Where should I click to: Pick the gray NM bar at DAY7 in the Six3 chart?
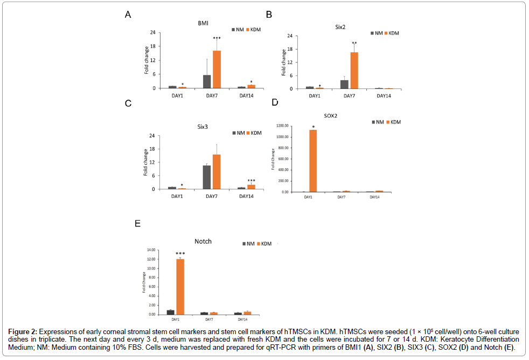point(206,177)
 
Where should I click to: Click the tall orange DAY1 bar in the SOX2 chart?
point(313,161)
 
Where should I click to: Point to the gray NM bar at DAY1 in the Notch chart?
point(171,312)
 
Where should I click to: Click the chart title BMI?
point(203,23)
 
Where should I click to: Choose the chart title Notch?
point(203,241)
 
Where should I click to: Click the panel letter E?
point(137,223)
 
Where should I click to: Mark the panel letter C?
point(128,103)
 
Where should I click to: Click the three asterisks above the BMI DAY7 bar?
point(217,38)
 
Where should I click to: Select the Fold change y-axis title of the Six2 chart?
point(284,62)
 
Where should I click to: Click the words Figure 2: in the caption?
point(23,330)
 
